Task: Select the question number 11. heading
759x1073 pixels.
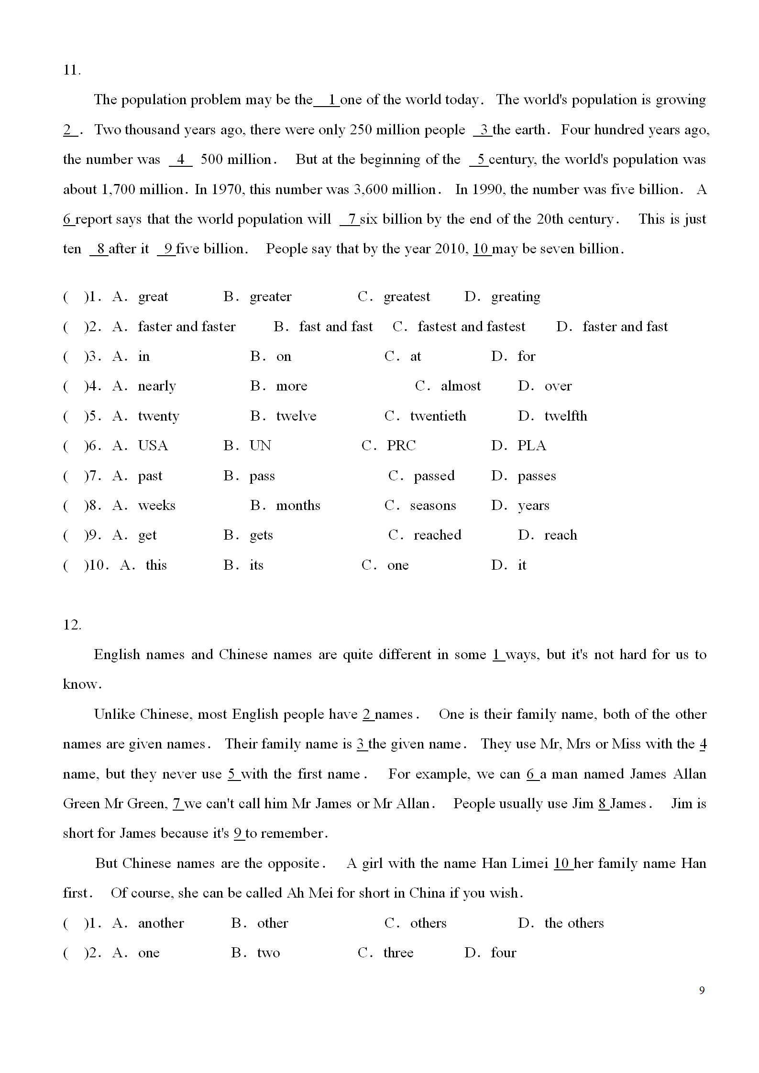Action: coord(72,70)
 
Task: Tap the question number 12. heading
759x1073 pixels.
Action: coord(72,625)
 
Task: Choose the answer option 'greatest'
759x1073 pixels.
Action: coord(407,297)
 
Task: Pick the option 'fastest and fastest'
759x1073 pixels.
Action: coord(471,326)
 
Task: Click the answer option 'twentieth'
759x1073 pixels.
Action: coord(438,416)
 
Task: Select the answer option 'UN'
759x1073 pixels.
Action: coord(260,446)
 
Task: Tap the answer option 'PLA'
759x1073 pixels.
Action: coord(531,446)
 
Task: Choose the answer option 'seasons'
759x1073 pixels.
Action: coord(433,506)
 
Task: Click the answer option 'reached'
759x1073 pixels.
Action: coord(437,535)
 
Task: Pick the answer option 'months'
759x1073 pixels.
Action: coord(298,506)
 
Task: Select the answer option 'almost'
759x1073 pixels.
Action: coord(461,386)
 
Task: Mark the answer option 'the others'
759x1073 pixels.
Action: coord(574,923)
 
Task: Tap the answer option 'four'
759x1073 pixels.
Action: coord(503,953)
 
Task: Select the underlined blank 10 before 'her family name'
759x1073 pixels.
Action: coord(563,863)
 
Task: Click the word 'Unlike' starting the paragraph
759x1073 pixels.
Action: coord(114,714)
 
